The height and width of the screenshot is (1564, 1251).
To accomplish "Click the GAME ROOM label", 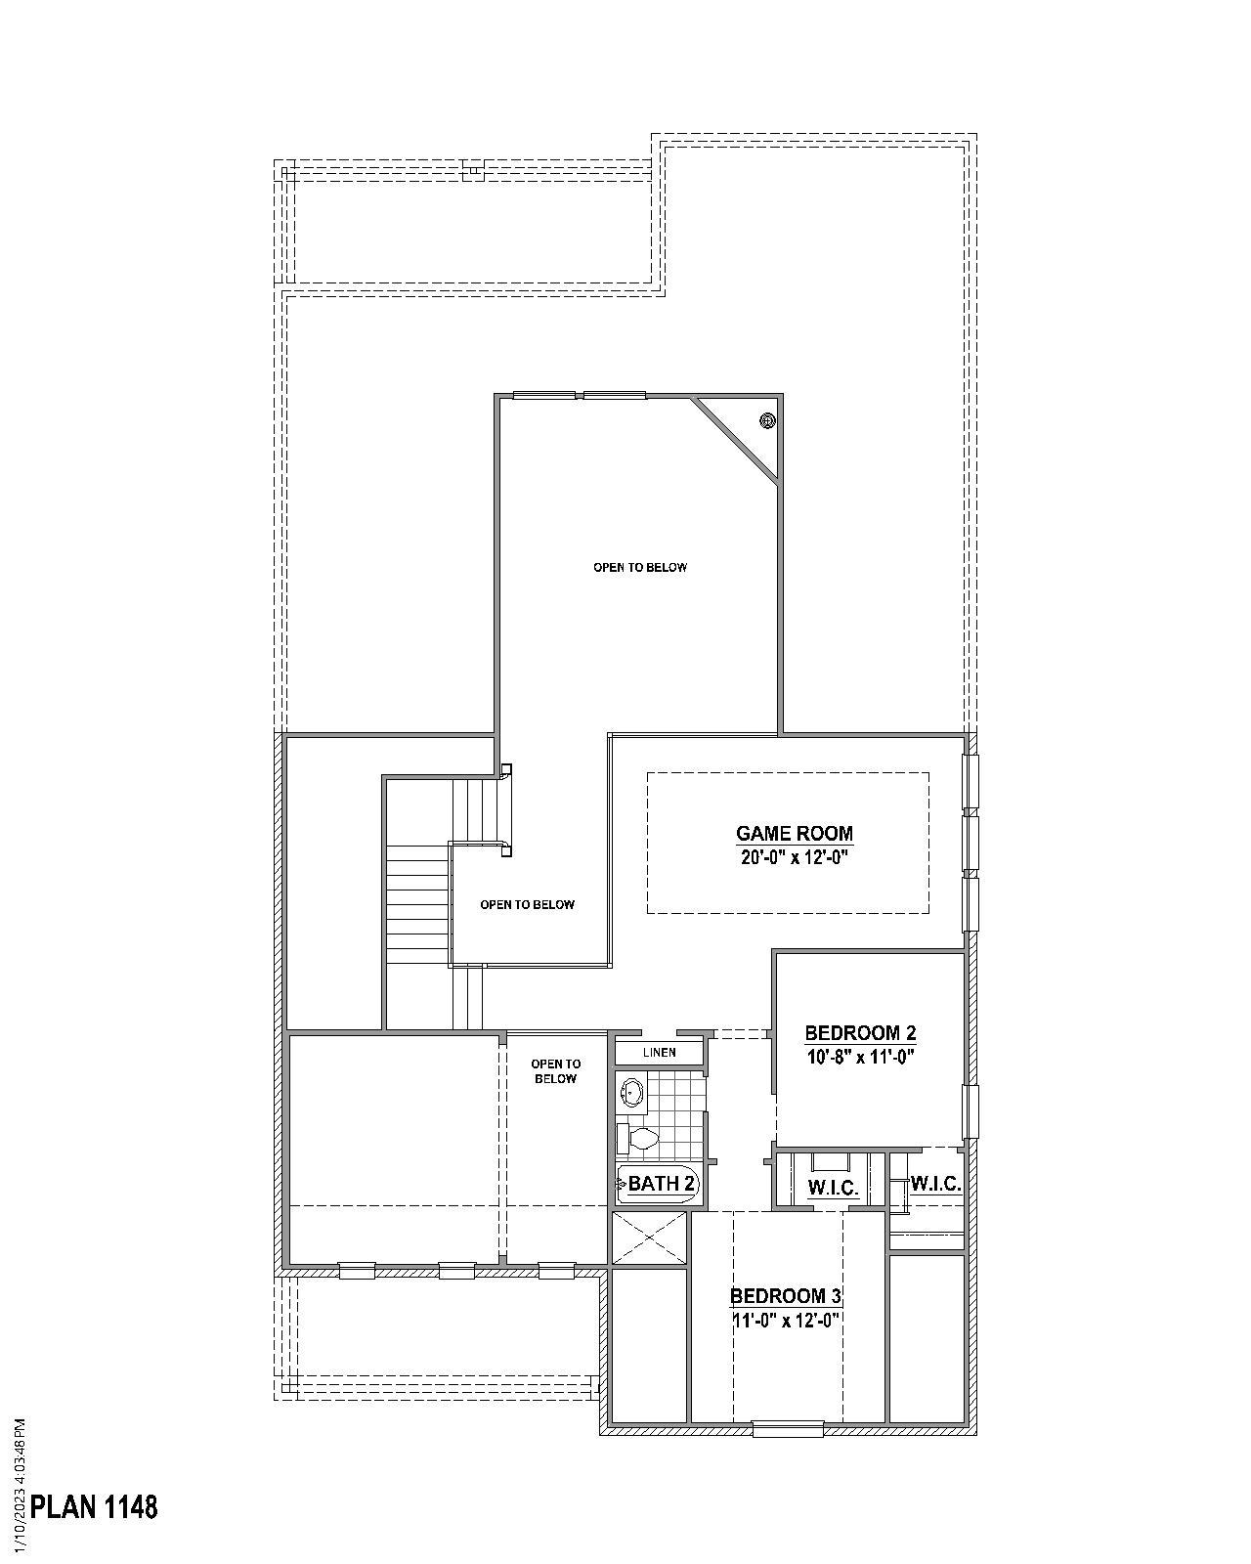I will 794,834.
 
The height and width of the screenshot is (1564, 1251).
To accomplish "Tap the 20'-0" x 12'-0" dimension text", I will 794,858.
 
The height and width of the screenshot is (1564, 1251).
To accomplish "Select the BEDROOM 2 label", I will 860,1033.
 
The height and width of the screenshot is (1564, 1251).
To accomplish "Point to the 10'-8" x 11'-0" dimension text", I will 860,1057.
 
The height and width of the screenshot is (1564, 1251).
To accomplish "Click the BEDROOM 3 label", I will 786,1296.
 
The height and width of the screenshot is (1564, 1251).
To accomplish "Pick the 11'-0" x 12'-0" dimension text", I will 786,1320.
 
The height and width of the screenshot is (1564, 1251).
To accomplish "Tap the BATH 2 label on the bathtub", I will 662,1184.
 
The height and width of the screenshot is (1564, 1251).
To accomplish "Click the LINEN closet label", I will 660,1053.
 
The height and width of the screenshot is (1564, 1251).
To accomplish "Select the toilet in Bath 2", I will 640,1138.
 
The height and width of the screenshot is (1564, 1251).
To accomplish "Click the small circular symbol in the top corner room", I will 767,420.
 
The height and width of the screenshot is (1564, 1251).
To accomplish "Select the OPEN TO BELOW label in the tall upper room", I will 640,567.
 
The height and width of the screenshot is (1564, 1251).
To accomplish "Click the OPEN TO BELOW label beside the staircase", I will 527,905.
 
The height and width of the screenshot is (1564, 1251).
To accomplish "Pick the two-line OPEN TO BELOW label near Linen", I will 554,1071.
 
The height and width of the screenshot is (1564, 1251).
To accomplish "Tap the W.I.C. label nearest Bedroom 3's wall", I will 833,1189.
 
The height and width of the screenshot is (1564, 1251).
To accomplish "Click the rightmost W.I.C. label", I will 935,1184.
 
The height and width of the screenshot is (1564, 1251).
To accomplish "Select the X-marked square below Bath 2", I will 649,1238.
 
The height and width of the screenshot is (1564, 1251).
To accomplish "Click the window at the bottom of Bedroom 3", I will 789,1429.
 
